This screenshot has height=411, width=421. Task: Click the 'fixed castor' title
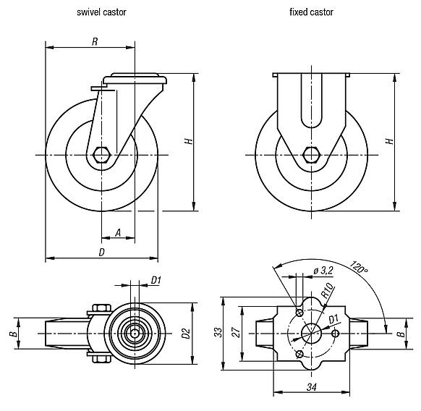point(311,12)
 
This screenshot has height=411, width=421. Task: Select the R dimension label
point(95,42)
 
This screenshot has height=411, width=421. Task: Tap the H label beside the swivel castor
point(187,143)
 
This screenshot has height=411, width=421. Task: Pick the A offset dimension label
point(117,232)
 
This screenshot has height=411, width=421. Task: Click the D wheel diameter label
point(102,252)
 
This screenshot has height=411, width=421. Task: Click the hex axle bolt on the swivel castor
point(102,155)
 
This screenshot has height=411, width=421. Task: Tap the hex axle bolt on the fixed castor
point(312,155)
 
